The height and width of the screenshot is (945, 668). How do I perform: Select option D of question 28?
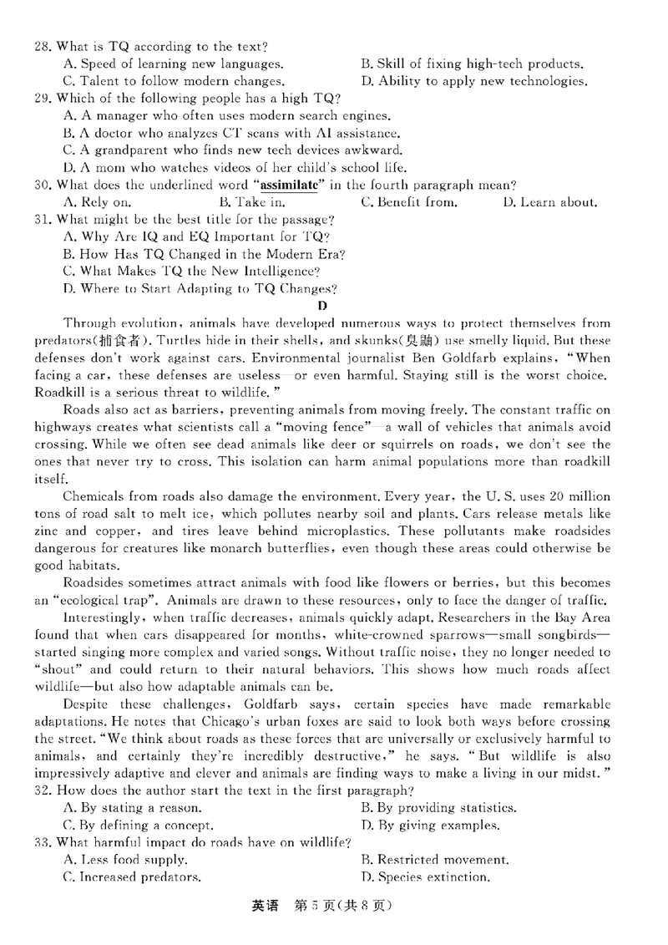[473, 82]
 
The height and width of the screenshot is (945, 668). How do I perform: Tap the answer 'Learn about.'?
[550, 203]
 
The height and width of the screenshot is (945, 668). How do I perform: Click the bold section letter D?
[323, 306]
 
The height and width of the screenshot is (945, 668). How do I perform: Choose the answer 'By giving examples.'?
[429, 826]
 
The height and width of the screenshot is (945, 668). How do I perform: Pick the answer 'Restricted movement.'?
[433, 860]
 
